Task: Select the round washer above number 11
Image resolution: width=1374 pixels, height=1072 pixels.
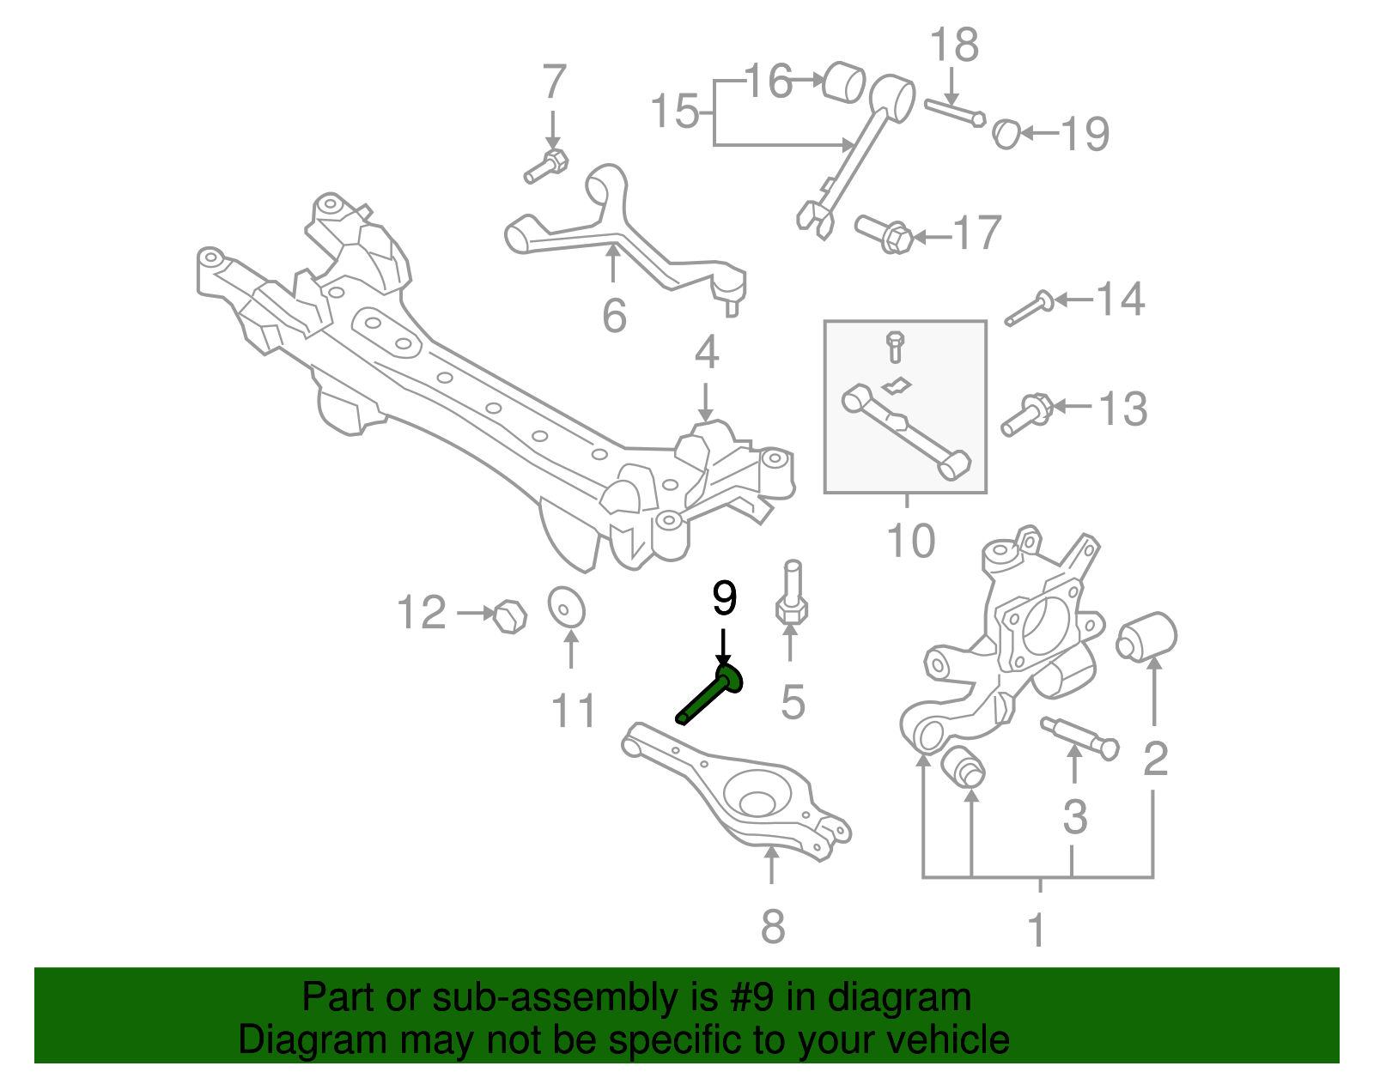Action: click(x=566, y=608)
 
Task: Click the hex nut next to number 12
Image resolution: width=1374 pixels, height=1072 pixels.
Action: click(x=510, y=616)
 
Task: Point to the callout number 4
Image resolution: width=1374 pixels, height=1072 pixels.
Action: click(x=706, y=353)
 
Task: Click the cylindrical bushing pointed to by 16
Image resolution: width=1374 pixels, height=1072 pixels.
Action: click(x=844, y=82)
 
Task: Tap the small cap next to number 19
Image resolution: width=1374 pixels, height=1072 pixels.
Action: click(x=1006, y=133)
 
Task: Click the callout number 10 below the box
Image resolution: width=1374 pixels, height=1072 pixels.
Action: click(x=910, y=541)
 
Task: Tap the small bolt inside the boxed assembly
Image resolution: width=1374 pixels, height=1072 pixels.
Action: click(x=895, y=345)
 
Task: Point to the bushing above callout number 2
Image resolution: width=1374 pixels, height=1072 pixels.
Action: click(x=1147, y=637)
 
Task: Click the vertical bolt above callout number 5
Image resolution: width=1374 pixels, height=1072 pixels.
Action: click(x=792, y=594)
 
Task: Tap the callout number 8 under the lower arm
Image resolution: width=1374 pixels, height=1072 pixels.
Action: click(x=772, y=927)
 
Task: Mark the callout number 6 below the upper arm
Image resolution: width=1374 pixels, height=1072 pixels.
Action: click(x=613, y=316)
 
